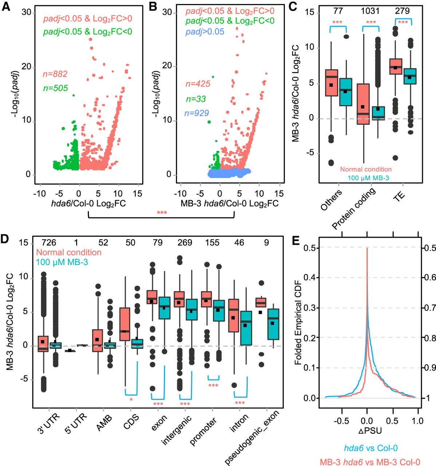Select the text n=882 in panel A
click(x=55, y=74)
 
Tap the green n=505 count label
click(x=55, y=88)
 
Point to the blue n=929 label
click(x=196, y=113)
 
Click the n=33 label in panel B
click(x=196, y=99)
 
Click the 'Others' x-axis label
click(x=331, y=200)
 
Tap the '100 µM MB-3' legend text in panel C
click(x=366, y=177)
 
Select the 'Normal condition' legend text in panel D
click(x=69, y=252)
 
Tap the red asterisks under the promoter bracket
click(x=213, y=386)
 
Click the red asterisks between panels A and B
click(x=161, y=213)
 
